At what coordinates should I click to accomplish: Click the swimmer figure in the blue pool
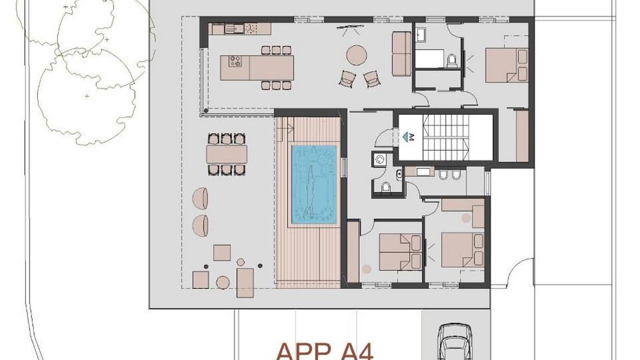(x=309, y=192)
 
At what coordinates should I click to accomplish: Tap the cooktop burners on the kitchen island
(x=235, y=61)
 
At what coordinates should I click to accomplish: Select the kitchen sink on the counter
(x=234, y=28)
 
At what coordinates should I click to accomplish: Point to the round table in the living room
(x=356, y=55)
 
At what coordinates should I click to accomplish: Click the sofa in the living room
(x=401, y=53)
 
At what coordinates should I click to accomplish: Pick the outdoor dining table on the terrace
(x=226, y=154)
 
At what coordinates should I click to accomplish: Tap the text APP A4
(x=325, y=352)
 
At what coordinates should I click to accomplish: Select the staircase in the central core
(x=446, y=137)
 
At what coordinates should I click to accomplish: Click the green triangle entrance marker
(x=405, y=137)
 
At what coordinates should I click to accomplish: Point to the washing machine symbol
(x=379, y=159)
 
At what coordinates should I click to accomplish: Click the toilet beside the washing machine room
(x=385, y=187)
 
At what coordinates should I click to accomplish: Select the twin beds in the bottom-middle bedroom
(x=400, y=252)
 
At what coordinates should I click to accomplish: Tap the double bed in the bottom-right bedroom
(x=462, y=250)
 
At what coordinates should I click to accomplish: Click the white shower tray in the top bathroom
(x=429, y=58)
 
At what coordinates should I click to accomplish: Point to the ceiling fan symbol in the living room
(x=350, y=30)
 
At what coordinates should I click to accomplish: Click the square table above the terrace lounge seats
(x=222, y=253)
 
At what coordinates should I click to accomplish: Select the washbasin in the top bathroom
(x=420, y=35)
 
